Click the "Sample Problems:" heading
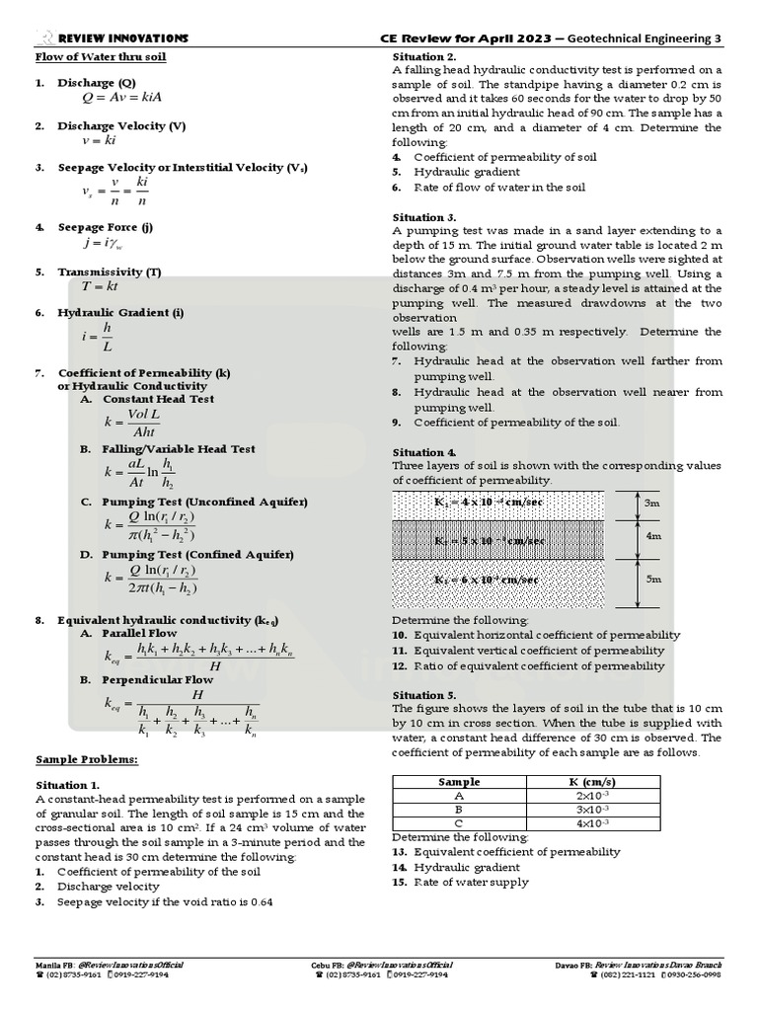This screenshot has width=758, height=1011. point(87,759)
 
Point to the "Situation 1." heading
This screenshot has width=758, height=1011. point(68,783)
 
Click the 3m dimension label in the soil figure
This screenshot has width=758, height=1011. point(652,503)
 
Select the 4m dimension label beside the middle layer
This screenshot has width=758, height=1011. point(652,537)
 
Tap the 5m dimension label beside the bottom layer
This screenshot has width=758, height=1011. point(652,580)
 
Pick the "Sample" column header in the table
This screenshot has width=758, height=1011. point(459,782)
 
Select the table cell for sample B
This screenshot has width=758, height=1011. point(459,809)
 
